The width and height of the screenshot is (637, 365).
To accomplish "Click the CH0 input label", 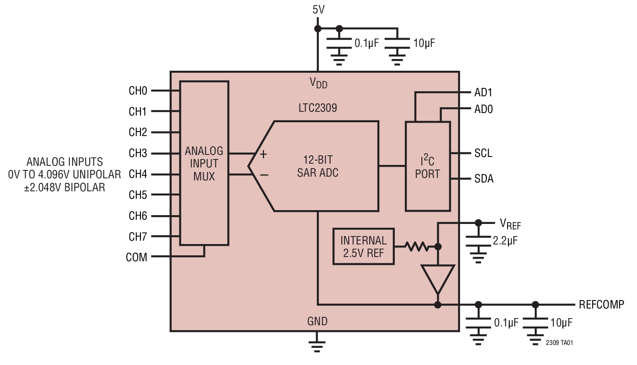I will click(137, 91).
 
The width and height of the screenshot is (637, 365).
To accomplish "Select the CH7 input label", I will click(137, 236).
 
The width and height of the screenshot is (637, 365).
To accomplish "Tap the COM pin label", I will click(136, 257).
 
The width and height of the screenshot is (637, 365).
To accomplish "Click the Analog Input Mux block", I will click(204, 163).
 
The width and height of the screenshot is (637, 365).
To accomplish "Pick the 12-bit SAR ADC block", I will click(318, 166).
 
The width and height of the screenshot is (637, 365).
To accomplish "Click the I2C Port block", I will click(427, 167).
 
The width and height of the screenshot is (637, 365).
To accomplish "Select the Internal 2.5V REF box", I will click(363, 247).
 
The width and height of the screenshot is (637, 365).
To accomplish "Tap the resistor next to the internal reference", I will click(416, 247).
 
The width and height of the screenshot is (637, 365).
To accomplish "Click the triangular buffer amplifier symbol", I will click(438, 278).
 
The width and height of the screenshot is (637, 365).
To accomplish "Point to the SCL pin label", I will click(483, 153).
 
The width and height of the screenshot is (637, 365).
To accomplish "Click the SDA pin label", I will click(484, 179).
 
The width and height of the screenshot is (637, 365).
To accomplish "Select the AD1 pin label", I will click(483, 93).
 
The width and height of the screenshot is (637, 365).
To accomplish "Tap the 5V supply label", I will click(318, 10).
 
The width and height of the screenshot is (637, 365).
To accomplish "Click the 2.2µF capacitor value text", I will click(505, 241).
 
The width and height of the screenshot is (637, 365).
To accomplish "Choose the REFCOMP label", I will click(601, 304).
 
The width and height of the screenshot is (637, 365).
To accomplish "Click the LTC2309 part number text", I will click(318, 108).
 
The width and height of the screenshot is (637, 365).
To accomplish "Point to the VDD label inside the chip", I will click(318, 83).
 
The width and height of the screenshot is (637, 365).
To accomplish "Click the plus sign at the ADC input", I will click(263, 154).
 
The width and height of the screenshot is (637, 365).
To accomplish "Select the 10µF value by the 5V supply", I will click(424, 43).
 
